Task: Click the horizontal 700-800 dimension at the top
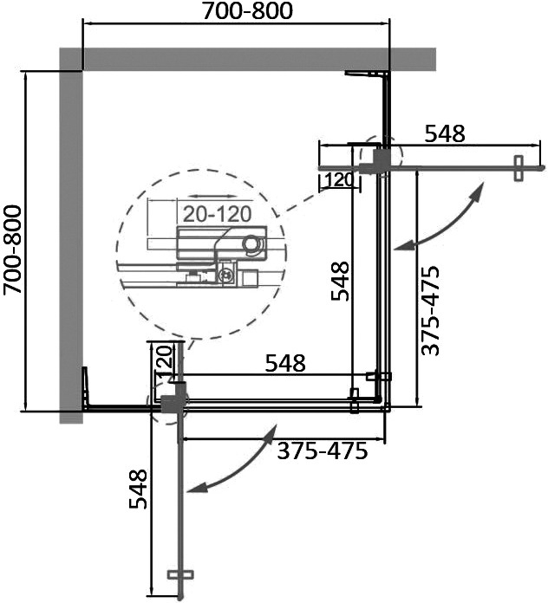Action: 247,11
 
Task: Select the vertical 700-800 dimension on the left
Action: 13,250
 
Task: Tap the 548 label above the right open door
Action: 445,133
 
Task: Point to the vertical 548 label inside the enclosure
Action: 340,281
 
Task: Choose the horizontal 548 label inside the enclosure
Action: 285,363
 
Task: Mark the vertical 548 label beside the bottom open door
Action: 138,490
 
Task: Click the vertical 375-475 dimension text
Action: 431,311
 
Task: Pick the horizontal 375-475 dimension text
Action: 323,451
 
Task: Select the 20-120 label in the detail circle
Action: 217,214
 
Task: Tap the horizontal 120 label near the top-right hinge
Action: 339,179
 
